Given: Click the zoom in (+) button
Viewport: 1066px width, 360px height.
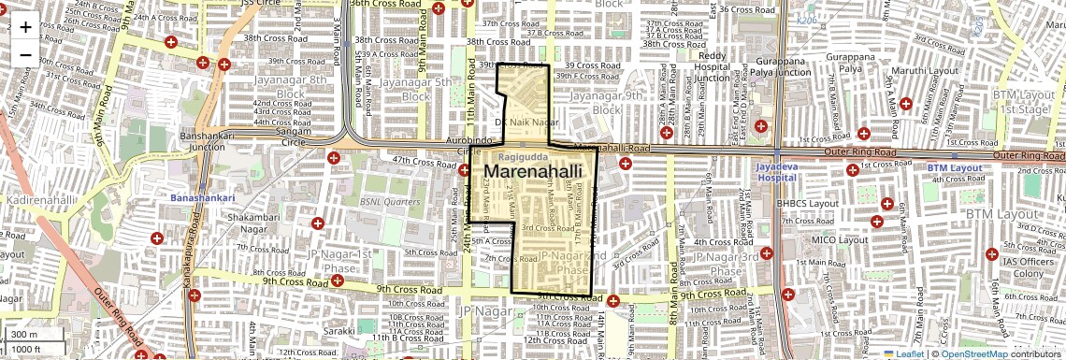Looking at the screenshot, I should pyautogui.click(x=25, y=26).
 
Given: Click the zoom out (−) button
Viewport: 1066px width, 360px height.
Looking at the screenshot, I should pyautogui.click(x=25, y=54).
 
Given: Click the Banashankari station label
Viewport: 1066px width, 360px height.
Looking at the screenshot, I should pyautogui.click(x=202, y=199).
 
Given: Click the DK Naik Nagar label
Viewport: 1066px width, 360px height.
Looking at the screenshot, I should pyautogui.click(x=526, y=122).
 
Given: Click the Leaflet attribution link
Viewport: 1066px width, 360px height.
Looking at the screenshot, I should pyautogui.click(x=903, y=353).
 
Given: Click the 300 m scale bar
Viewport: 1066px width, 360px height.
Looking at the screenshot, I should pyautogui.click(x=25, y=334).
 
